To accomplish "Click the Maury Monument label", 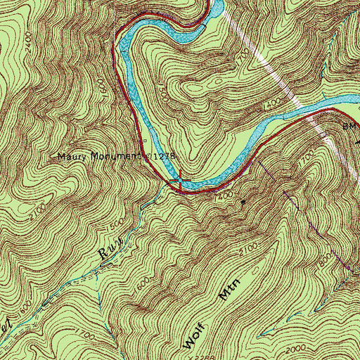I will pyautogui.click(x=98, y=156).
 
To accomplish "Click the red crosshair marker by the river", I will pyautogui.click(x=180, y=181).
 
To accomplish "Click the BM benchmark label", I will pyautogui.click(x=349, y=127).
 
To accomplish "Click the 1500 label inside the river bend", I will pyautogui.click(x=162, y=91).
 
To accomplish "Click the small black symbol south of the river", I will pyautogui.click(x=243, y=202).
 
